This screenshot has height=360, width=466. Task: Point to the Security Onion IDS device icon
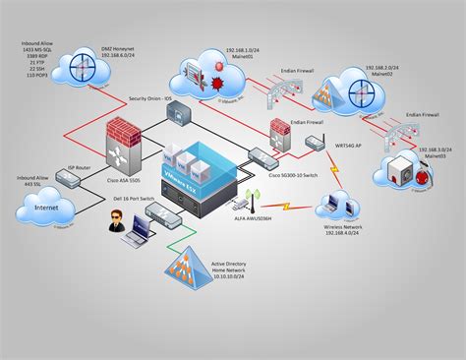coord(179,115)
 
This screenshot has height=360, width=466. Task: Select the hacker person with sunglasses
coord(112,227)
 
